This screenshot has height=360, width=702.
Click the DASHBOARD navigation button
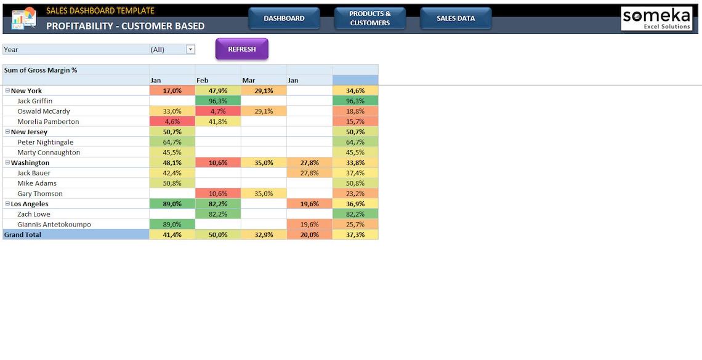point(284,18)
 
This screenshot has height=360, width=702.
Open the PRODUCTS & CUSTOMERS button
point(369,18)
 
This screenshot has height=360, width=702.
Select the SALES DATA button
point(456,18)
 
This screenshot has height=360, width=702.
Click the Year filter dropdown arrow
point(190,49)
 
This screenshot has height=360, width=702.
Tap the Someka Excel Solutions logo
point(656,18)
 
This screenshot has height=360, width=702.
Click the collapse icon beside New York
point(7,90)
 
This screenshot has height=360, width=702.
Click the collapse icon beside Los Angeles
point(7,204)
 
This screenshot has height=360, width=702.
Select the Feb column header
point(203,81)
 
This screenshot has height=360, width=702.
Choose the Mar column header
point(249,81)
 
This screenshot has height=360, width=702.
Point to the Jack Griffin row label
point(34,101)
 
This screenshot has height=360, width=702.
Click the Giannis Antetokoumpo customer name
point(54,225)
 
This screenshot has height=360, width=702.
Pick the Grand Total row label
point(23,234)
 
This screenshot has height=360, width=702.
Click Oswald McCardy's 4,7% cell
point(218,111)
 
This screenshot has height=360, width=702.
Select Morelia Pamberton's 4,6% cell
point(172,122)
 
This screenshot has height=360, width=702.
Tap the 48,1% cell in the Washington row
point(172,163)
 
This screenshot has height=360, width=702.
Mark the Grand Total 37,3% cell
point(355,234)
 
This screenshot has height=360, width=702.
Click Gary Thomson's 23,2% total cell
point(355,194)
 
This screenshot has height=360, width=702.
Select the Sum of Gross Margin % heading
point(41,70)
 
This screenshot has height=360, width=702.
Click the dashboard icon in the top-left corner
point(24,18)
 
